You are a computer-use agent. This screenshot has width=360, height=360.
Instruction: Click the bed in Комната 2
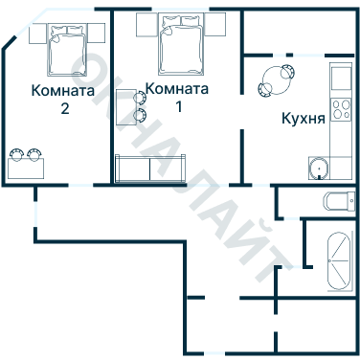tap(67, 52)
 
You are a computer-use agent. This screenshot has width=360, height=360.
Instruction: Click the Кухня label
tap(303, 120)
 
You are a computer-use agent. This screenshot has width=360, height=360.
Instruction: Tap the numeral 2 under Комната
tap(64, 108)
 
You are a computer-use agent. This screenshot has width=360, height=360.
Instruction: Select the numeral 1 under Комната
tap(177, 104)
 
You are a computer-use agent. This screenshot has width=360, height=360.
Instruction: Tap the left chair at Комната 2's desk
tap(16, 153)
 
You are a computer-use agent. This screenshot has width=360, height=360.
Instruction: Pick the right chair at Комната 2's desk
tap(36, 153)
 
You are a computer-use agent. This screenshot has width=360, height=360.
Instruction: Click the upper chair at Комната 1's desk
tap(141, 96)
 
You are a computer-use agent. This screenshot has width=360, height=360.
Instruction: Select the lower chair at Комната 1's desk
tap(141, 115)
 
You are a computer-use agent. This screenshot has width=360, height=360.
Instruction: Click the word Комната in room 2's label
tap(63, 92)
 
